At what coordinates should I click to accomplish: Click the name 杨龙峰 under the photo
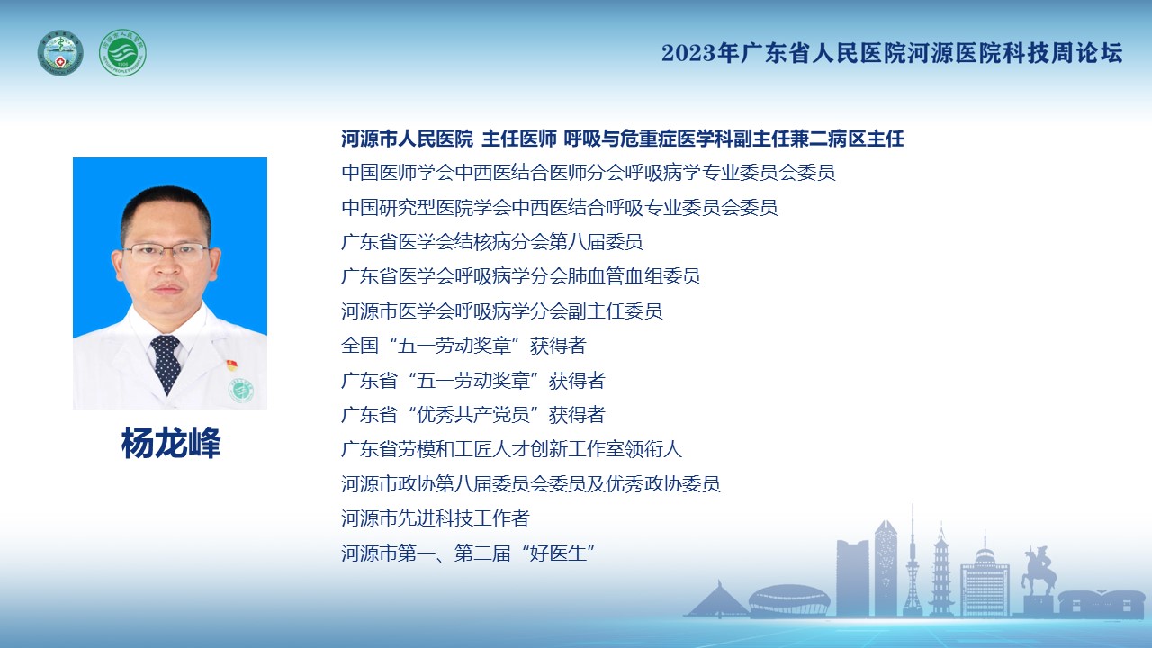[x=171, y=443]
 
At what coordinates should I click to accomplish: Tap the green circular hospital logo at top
[x=122, y=53]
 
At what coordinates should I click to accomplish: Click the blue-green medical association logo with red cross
[x=60, y=53]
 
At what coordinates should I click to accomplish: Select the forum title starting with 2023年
[x=892, y=53]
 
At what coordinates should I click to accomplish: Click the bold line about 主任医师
[x=622, y=139]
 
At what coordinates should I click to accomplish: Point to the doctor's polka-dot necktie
[x=166, y=363]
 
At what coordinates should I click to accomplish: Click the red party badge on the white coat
[x=232, y=365]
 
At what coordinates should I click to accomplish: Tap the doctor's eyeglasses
[x=166, y=252]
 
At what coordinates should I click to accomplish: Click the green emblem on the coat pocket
[x=240, y=391]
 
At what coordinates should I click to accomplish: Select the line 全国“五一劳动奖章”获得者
[x=463, y=346]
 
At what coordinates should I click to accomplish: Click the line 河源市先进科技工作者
[x=435, y=518]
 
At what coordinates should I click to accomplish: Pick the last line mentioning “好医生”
[x=468, y=553]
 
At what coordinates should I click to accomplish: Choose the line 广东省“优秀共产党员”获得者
[x=473, y=415]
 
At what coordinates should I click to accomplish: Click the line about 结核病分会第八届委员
[x=491, y=242]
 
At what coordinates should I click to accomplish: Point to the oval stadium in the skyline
[x=789, y=599]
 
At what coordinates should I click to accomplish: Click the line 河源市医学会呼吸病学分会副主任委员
[x=501, y=311]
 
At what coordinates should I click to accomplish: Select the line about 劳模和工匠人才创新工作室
[x=511, y=449]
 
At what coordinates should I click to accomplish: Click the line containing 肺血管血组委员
[x=520, y=276]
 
